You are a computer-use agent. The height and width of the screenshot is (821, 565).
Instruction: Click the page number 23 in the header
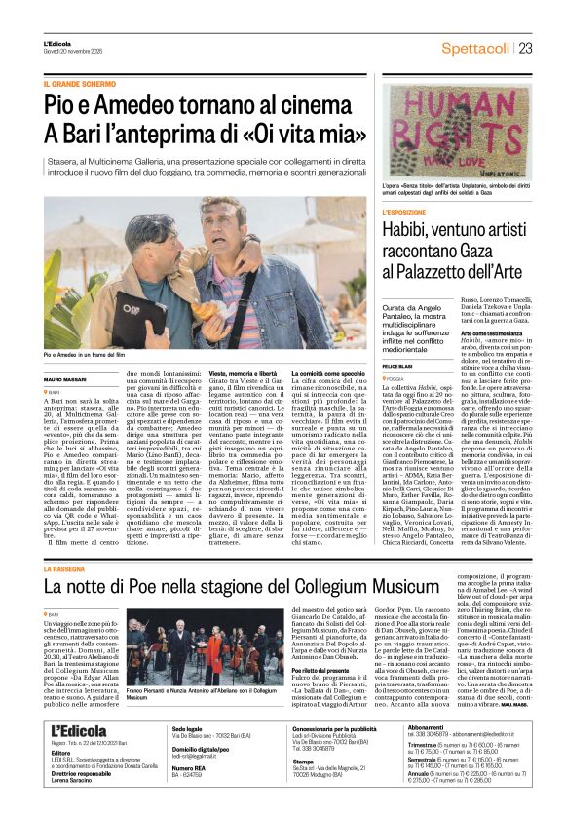tap(525, 48)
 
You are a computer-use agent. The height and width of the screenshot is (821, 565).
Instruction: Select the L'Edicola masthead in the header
tap(58, 44)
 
